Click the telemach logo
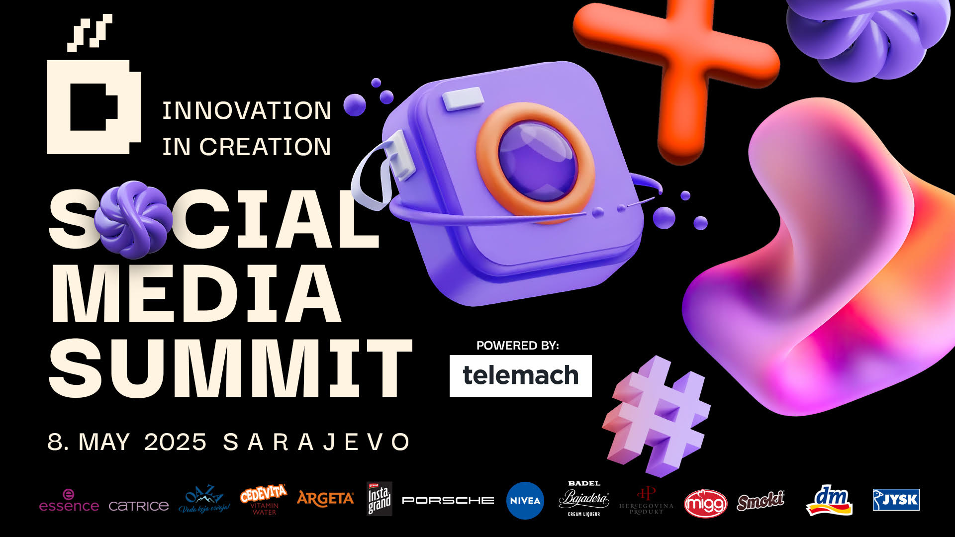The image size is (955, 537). click(520, 375)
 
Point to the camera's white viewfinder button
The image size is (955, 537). click(463, 98)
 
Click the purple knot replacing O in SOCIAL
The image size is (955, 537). click(133, 219)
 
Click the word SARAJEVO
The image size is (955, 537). click(317, 442)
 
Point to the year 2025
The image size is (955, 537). click(175, 442)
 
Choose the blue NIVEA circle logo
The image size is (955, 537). click(525, 501)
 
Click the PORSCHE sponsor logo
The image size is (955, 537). click(448, 500)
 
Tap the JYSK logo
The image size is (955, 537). click(896, 500)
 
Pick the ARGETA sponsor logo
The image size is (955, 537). click(325, 499)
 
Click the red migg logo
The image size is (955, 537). click(705, 504)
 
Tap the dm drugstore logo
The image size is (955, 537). click(829, 500)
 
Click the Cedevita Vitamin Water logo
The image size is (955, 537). click(264, 499)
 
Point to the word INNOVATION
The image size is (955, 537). click(247, 110)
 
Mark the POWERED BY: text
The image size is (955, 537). click(517, 346)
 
